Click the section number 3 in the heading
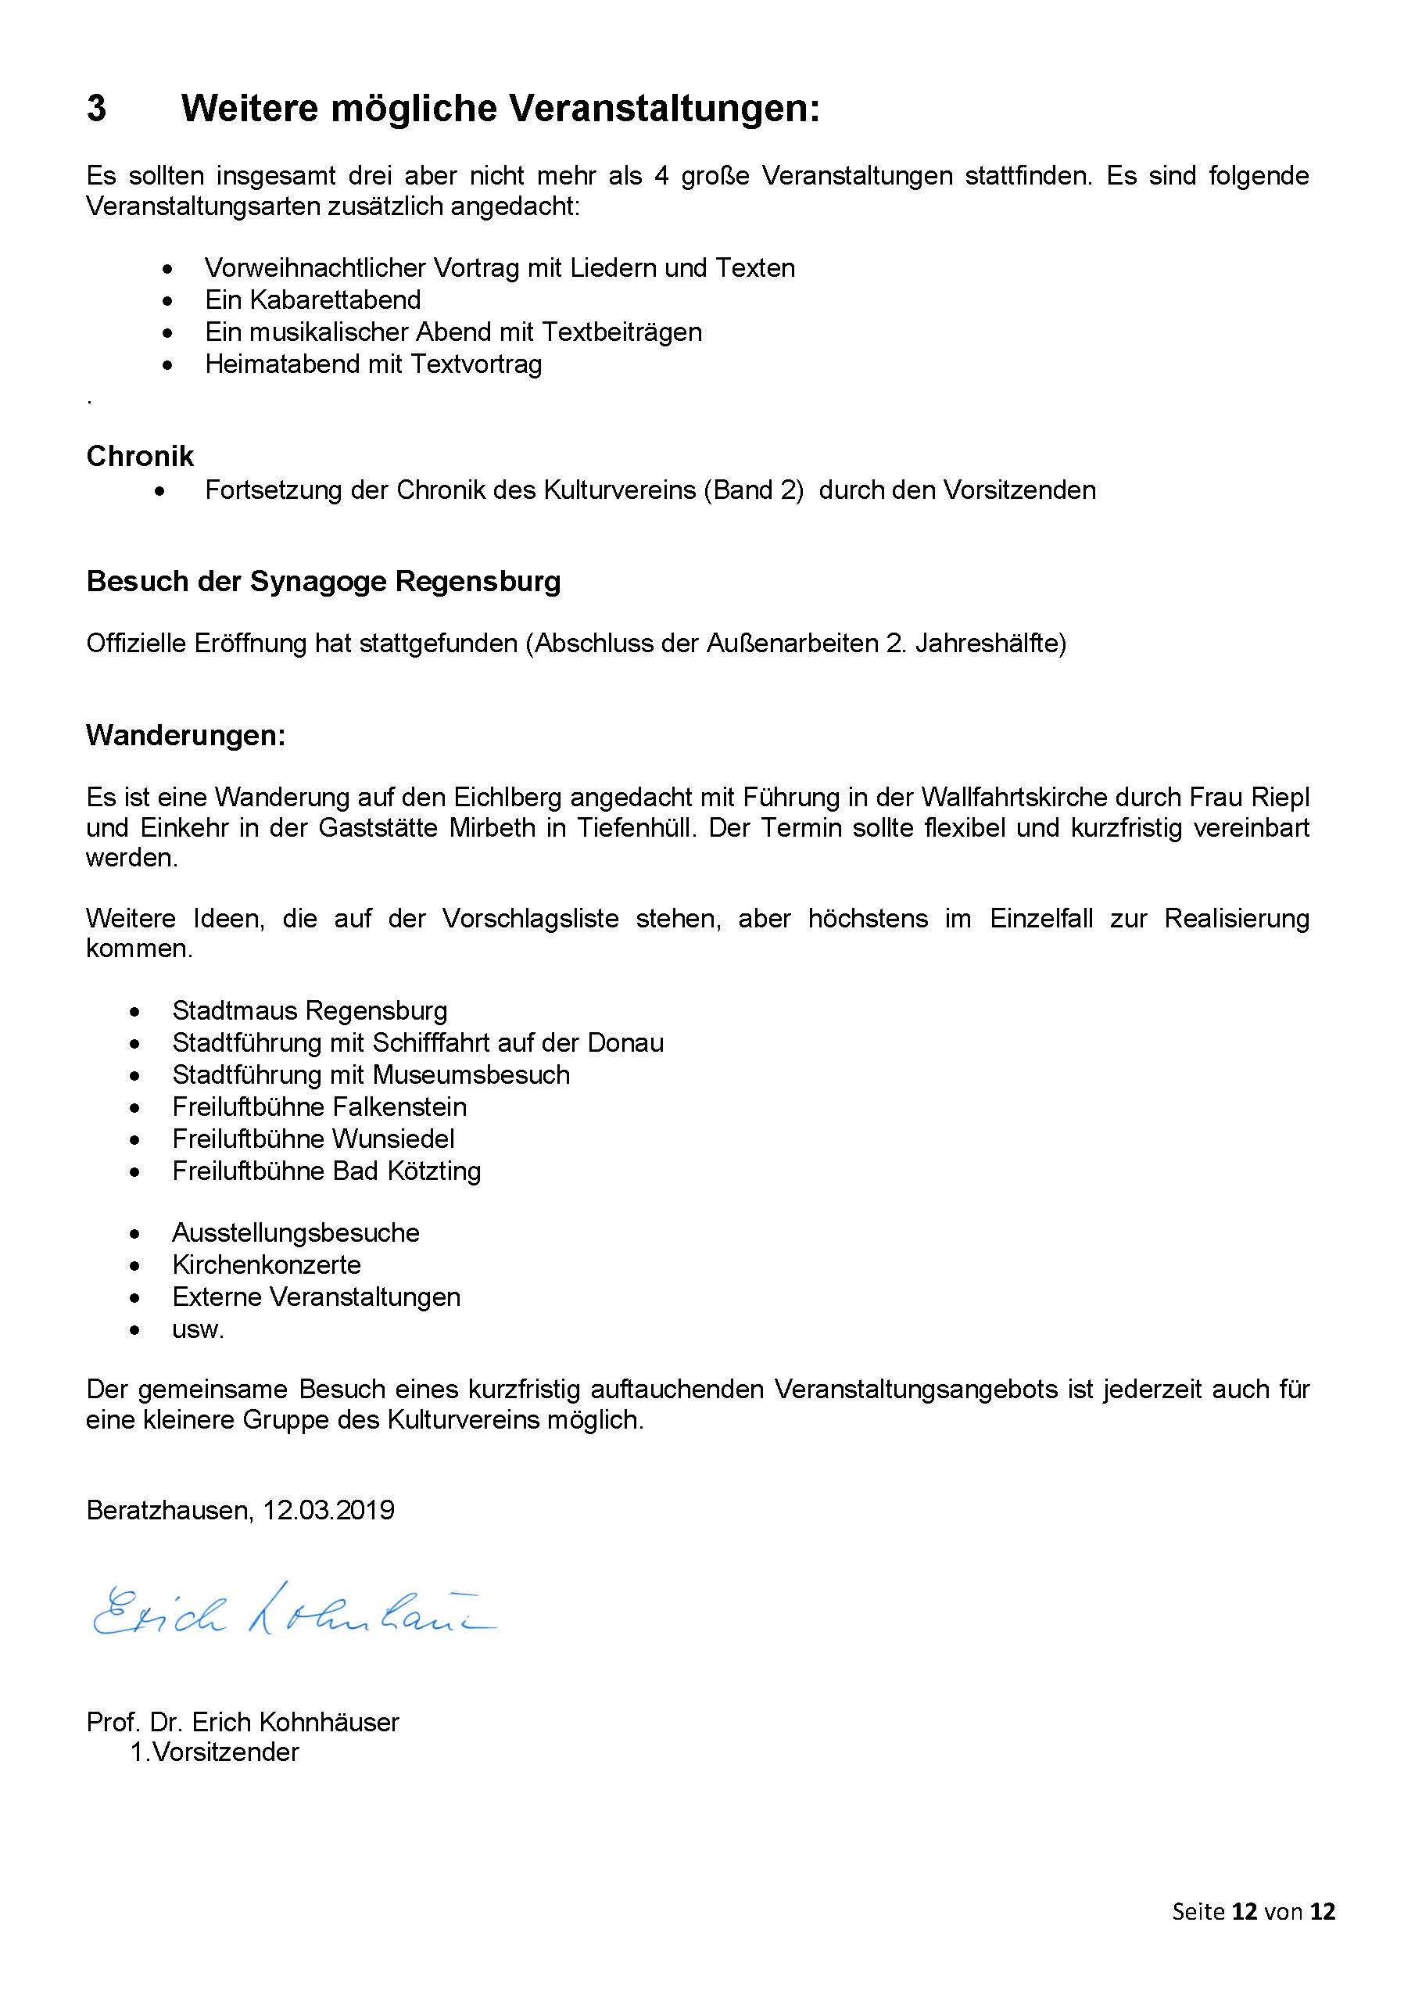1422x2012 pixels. (96, 109)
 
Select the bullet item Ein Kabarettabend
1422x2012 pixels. (313, 299)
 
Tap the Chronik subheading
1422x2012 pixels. (140, 456)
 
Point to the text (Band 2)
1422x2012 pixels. (753, 489)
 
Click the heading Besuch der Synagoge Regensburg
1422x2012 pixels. (324, 581)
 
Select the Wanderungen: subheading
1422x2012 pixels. (186, 734)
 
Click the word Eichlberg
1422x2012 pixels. (507, 798)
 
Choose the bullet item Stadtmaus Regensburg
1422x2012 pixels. (310, 1010)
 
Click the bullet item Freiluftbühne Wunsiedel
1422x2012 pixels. (313, 1139)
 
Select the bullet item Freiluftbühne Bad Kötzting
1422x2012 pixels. (326, 1171)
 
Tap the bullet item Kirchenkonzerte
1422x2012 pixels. (267, 1264)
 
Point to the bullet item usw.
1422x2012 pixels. (198, 1329)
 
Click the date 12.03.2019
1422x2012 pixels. (328, 1510)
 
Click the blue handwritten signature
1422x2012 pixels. (293, 1613)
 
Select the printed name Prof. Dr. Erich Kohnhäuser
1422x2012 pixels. (242, 1722)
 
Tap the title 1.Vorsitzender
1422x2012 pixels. (215, 1752)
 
